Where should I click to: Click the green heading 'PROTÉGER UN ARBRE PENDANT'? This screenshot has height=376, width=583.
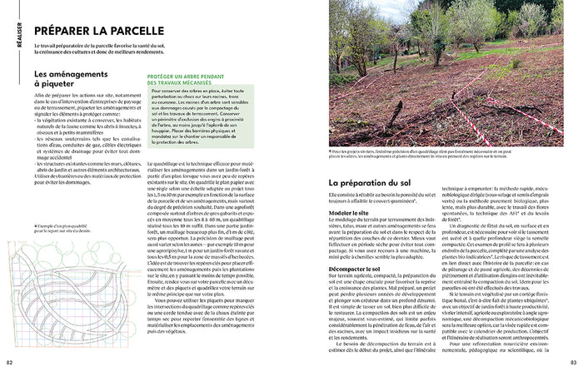click(x=187, y=77)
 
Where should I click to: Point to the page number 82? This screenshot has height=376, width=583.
click(x=9, y=362)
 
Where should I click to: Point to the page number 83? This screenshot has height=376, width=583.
click(x=573, y=362)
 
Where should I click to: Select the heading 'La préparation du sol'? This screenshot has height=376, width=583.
click(x=371, y=182)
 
